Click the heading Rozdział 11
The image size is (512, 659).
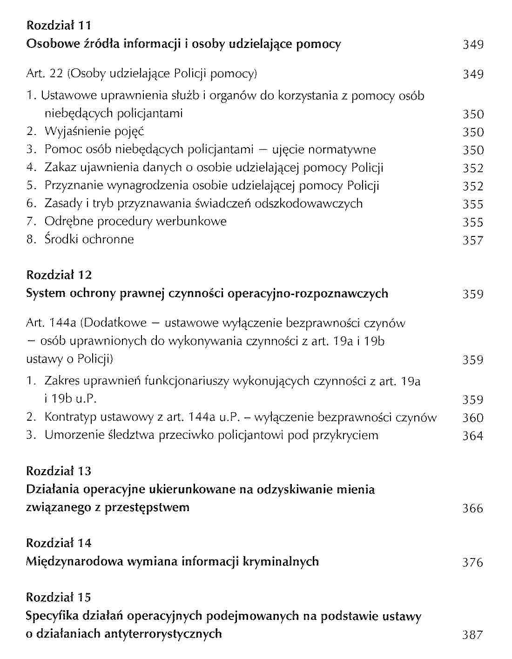59,25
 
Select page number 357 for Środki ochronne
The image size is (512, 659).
473,240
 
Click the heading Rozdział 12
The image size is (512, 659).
59,275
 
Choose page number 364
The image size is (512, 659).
473,436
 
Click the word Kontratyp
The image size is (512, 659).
70,417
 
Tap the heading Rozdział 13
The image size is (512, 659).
59,471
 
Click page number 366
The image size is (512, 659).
473,508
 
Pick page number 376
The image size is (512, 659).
473,562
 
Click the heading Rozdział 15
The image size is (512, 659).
59,598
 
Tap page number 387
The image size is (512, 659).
473,635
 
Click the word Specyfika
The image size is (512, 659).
52,616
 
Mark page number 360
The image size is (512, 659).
473,417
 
